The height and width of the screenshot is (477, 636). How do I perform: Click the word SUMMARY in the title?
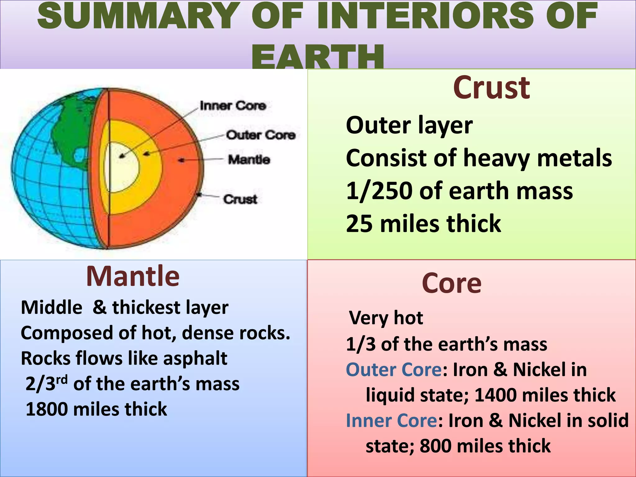137,16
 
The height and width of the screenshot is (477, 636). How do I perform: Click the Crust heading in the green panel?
491,89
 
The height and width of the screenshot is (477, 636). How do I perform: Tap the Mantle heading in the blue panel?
133,276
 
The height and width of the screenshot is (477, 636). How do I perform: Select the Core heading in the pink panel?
452,283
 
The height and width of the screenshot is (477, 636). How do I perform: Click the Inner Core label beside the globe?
233,106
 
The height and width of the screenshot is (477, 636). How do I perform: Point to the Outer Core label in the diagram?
261,135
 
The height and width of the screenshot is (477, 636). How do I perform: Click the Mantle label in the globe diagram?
249,160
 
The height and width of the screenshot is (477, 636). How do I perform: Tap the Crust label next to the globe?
240,199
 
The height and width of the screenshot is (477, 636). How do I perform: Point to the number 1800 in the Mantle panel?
47,409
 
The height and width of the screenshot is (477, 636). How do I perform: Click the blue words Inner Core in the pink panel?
391,421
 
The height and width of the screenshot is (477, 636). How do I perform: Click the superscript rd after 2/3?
62,380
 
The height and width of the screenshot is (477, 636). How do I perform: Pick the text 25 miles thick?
423,224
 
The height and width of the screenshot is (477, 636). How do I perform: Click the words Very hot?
386,318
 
